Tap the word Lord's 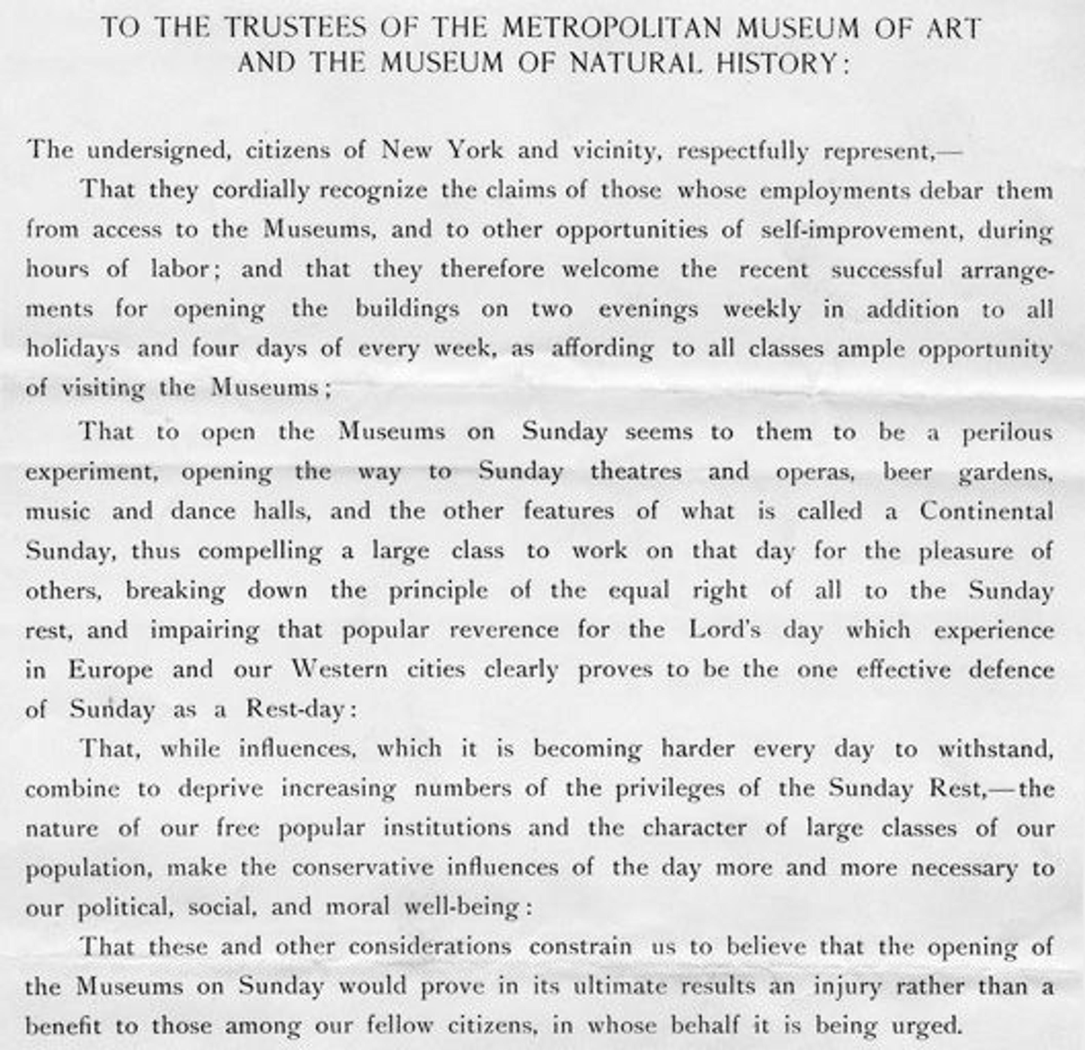(x=725, y=630)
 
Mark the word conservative (x=363, y=867)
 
